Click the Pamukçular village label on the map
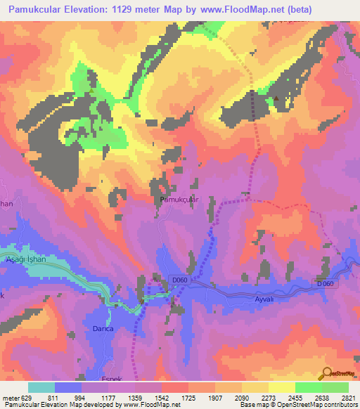tap(179, 200)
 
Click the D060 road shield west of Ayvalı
tap(179, 280)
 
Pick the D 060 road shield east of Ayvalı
tap(325, 283)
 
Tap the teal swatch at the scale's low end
tap(41, 387)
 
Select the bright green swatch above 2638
tap(309, 387)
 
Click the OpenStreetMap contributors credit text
tap(316, 405)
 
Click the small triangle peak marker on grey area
tap(276, 98)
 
